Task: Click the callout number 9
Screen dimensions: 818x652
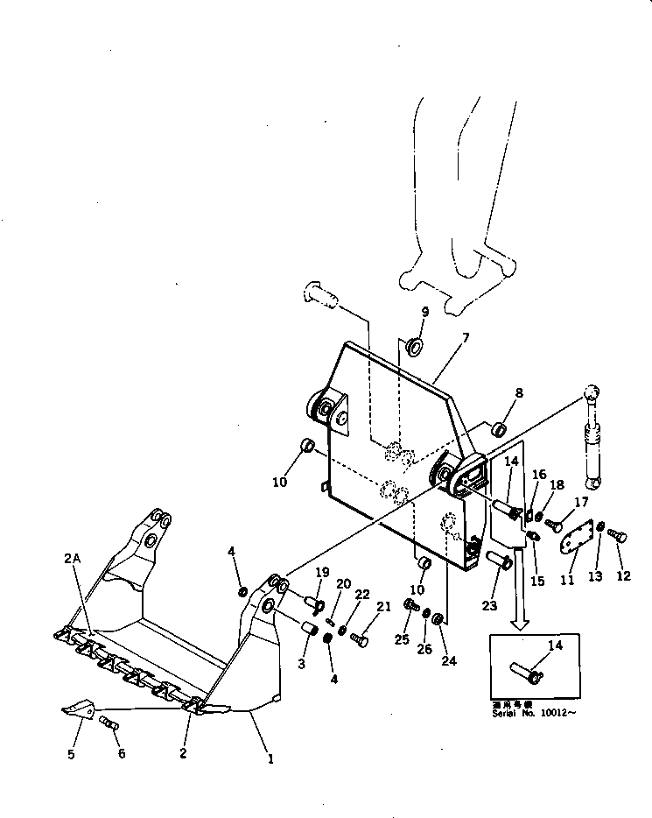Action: tap(425, 313)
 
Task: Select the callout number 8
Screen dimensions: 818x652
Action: tap(519, 394)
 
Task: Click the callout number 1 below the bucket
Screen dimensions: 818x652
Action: tap(270, 759)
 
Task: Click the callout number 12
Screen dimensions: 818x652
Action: tap(623, 576)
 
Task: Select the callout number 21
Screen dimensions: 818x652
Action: tap(384, 606)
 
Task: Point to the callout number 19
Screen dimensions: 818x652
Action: tap(322, 574)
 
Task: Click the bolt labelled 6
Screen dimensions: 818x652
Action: tap(110, 723)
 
